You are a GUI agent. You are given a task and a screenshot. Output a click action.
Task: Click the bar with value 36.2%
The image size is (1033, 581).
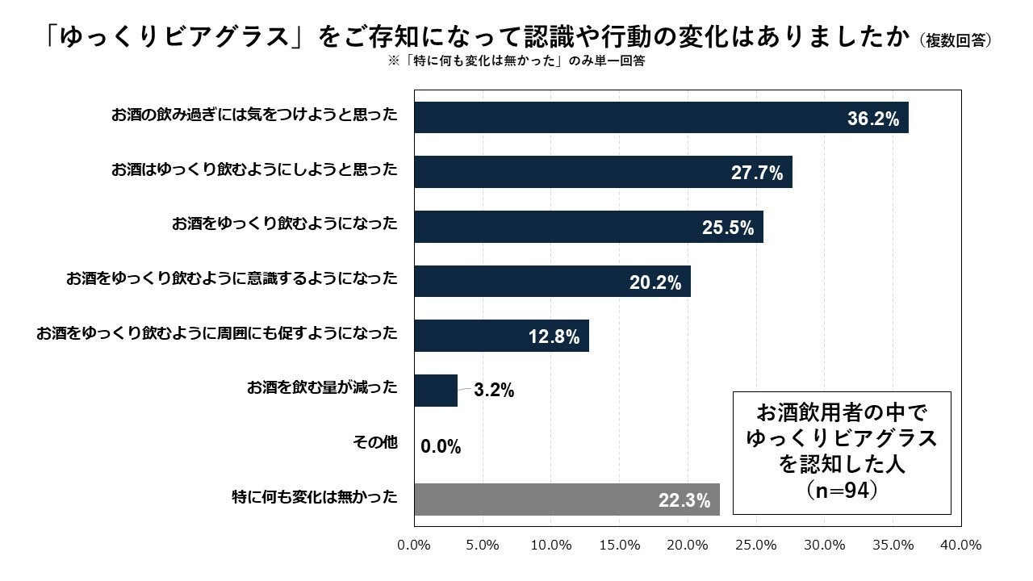661,118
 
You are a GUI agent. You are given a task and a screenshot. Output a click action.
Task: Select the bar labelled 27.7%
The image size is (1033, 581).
603,172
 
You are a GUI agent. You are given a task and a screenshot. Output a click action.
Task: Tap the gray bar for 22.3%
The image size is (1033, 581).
567,499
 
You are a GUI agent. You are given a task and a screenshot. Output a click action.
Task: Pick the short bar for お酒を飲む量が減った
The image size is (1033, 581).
436,391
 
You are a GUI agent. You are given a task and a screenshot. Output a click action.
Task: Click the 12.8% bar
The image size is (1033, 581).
501,336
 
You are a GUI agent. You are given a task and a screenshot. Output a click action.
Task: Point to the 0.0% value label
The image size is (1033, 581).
441,446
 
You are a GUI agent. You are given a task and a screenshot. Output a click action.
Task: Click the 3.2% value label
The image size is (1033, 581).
494,391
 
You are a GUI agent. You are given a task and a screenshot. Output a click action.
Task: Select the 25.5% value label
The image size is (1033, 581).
728,228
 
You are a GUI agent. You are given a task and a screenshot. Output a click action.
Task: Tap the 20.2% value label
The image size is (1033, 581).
655,283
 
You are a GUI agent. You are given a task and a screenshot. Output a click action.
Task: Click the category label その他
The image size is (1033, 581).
375,442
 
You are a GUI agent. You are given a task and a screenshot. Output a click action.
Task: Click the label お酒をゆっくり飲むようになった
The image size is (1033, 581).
285,224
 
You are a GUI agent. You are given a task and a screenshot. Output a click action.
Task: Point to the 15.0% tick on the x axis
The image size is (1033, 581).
620,545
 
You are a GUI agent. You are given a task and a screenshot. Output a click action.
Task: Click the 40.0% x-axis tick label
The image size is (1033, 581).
961,545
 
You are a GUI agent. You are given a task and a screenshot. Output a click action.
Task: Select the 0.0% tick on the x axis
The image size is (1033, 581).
415,545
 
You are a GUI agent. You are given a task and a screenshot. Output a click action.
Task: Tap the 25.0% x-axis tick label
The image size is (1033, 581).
756,545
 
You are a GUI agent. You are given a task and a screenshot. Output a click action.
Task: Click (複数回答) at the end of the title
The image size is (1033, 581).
955,40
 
